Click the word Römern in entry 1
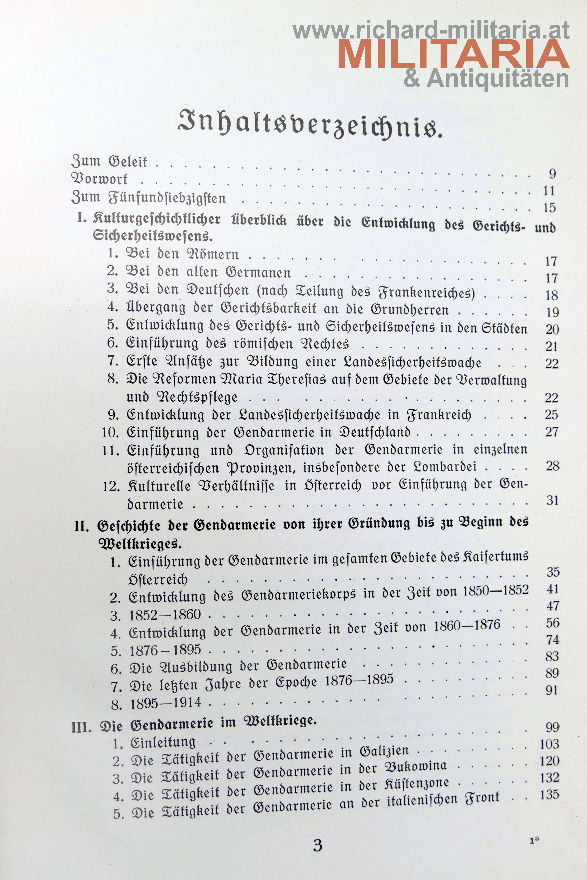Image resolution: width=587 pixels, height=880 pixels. pos(213,254)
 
